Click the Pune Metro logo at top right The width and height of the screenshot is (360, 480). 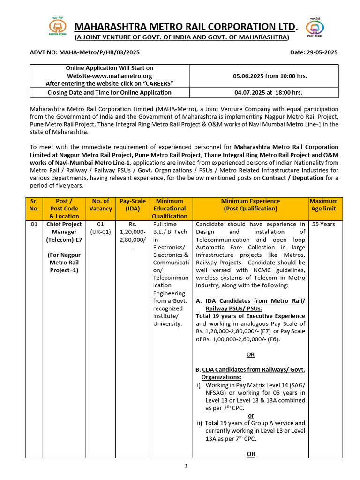click(315, 28)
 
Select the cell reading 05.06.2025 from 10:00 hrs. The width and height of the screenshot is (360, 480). click(264, 75)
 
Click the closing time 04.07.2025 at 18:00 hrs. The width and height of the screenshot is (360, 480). click(264, 93)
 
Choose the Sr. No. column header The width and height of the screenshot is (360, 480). click(34, 204)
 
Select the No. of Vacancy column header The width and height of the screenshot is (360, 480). click(100, 204)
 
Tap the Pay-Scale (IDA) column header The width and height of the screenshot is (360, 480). click(133, 204)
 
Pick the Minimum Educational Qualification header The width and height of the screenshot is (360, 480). click(169, 208)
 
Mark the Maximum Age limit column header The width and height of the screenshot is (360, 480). click(323, 204)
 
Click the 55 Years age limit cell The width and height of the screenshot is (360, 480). click(323, 224)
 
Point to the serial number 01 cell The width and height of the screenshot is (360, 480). click(34, 224)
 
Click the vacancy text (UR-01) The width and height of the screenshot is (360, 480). click(100, 232)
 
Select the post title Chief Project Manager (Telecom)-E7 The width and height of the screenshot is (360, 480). click(64, 232)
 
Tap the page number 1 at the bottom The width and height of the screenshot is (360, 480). click(186, 465)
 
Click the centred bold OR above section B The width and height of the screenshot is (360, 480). click(251, 355)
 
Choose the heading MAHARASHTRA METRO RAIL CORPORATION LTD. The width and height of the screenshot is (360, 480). click(186, 26)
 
